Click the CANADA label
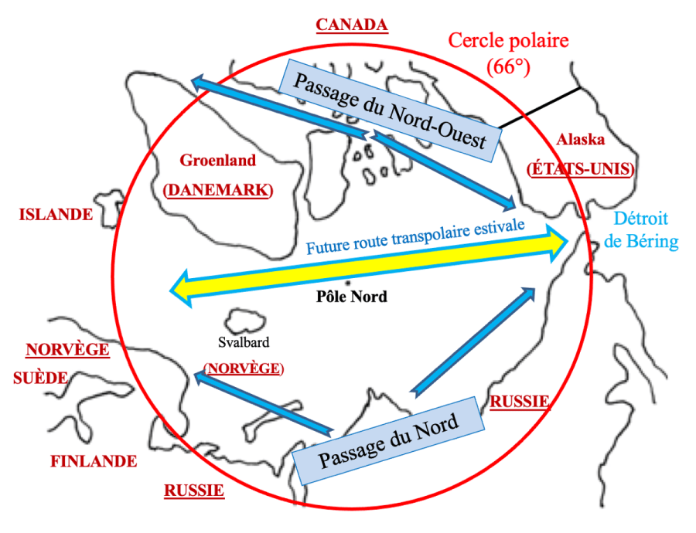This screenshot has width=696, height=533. point(352,25)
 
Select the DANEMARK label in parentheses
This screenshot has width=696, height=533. point(217,190)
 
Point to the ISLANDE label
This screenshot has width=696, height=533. point(56,215)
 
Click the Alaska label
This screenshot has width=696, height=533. point(581,140)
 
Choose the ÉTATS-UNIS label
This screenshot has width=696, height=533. point(581,168)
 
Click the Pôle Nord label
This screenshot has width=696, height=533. point(352,297)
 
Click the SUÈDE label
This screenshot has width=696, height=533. point(40,378)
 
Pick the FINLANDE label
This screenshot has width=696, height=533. point(94,462)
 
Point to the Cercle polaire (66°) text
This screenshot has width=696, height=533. point(508,52)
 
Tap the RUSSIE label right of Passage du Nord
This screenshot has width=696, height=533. point(520,402)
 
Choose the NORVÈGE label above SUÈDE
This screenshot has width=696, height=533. point(67,350)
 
